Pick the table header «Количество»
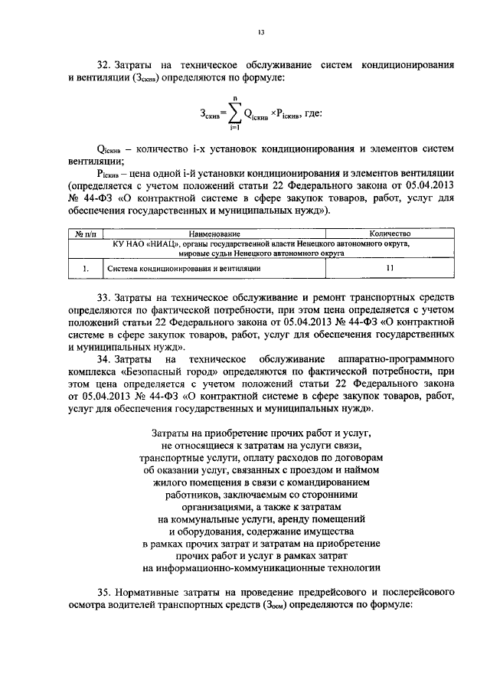(x=390, y=234)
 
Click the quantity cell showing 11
(x=390, y=269)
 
